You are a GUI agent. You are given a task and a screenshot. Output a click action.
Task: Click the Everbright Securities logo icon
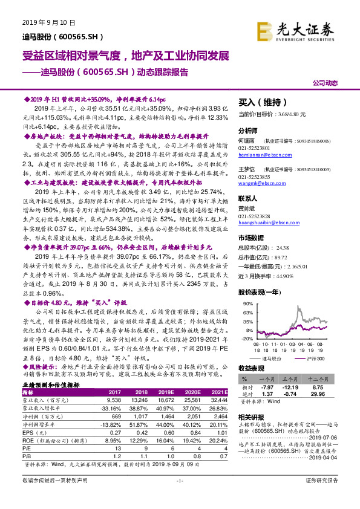pos(264,30)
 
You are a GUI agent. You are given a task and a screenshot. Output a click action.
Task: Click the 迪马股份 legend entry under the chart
pos(266,358)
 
